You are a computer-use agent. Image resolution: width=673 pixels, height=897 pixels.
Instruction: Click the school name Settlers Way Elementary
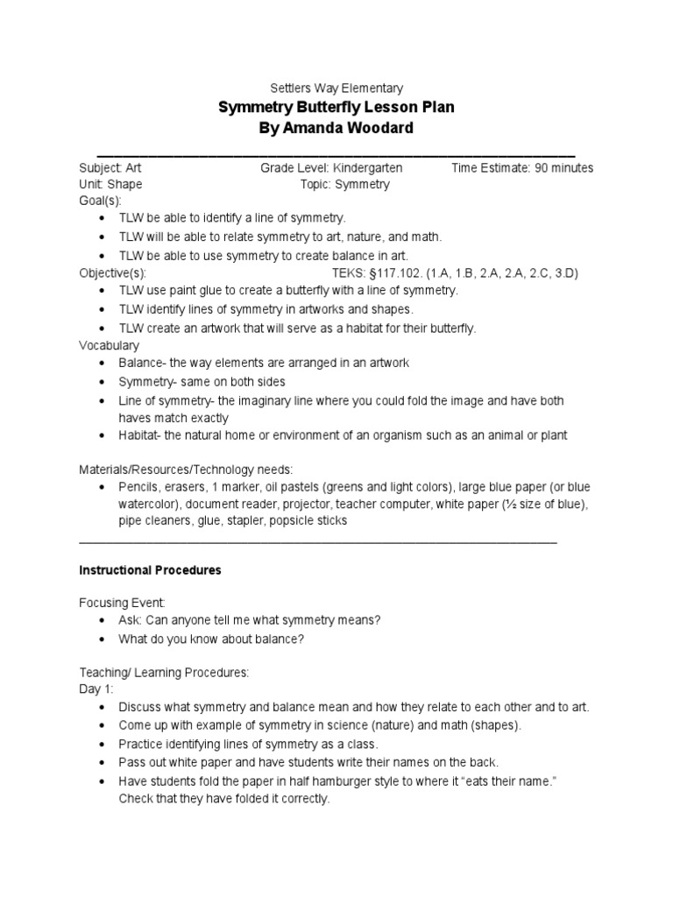pos(336,88)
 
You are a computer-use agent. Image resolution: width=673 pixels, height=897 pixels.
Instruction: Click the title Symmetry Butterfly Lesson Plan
pos(336,108)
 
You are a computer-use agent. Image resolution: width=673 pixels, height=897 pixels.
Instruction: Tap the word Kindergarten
pos(374,168)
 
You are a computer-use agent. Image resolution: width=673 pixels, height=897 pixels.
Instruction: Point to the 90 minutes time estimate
pos(562,168)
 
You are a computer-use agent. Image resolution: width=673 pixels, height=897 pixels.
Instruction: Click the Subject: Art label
pos(110,168)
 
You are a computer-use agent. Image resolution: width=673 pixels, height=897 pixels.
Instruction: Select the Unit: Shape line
pos(110,185)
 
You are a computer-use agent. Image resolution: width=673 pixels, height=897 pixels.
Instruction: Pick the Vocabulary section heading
pos(110,346)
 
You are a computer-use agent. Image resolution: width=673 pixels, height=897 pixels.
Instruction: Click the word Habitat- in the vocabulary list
pos(140,435)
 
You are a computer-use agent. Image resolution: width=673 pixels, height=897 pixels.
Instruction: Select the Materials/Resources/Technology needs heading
pos(186,469)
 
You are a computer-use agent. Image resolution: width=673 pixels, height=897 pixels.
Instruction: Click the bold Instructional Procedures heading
pos(150,570)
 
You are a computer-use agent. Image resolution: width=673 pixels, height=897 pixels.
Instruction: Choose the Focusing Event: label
pos(122,604)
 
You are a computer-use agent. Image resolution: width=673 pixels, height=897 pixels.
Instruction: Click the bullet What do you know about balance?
pos(211,639)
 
